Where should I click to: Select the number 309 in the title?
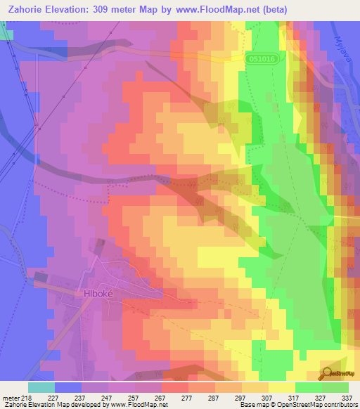point(115,9)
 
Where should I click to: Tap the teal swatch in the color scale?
point(41,387)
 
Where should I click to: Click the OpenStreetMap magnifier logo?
point(328,372)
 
